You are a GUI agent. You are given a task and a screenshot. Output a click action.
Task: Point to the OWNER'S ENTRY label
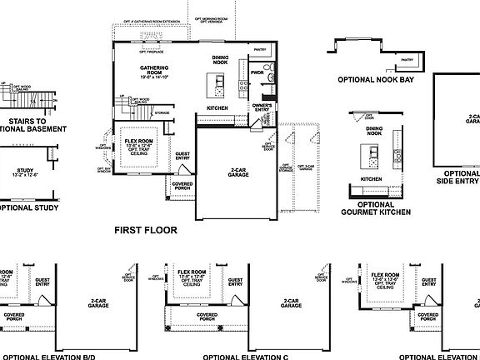point(262,107)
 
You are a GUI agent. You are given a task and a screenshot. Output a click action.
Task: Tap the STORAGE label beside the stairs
point(162,111)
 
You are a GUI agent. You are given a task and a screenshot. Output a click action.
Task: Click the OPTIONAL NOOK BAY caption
point(374,82)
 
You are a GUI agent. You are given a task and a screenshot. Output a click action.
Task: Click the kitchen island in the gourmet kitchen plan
point(366,156)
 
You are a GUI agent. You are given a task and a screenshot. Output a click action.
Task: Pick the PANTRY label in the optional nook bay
point(407,60)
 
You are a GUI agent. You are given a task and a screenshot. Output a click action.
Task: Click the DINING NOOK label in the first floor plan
point(220,60)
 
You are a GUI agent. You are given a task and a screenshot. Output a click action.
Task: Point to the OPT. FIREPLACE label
point(141,32)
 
